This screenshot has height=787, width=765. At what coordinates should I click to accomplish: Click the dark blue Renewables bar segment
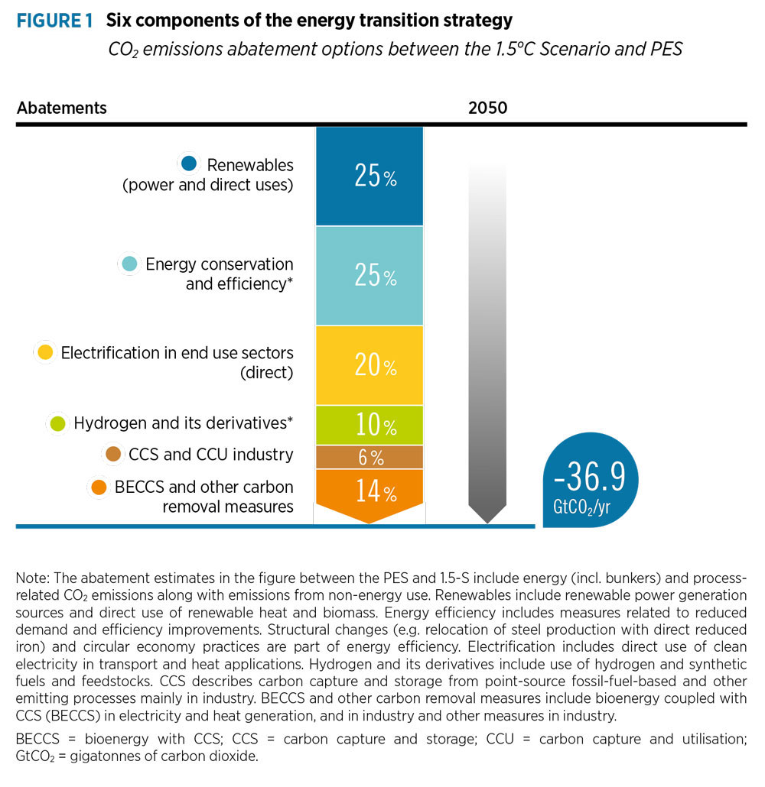click(x=369, y=176)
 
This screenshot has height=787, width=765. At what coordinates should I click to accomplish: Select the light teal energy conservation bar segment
click(x=369, y=275)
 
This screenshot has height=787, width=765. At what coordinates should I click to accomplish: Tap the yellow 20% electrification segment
click(x=369, y=365)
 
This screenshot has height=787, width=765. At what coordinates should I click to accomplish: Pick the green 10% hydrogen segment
click(x=369, y=424)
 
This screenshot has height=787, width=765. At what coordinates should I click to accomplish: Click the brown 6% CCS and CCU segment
click(x=369, y=457)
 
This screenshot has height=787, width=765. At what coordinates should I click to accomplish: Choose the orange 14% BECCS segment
click(x=369, y=492)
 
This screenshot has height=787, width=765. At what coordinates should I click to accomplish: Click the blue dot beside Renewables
click(x=190, y=164)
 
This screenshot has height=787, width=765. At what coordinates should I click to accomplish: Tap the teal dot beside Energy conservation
click(x=129, y=264)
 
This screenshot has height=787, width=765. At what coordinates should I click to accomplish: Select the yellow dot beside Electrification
click(x=45, y=353)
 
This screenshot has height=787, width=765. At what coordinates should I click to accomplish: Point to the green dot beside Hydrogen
click(x=57, y=423)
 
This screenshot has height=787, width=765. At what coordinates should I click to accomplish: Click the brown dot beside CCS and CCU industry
click(x=114, y=455)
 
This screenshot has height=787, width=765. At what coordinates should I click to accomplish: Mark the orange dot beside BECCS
click(x=99, y=487)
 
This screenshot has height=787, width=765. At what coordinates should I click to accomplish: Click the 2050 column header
click(x=487, y=108)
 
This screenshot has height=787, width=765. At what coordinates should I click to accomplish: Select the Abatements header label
click(x=62, y=108)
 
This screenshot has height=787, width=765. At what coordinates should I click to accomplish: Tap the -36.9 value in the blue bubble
click(x=589, y=477)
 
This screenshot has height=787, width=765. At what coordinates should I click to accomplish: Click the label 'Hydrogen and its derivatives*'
click(x=184, y=423)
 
